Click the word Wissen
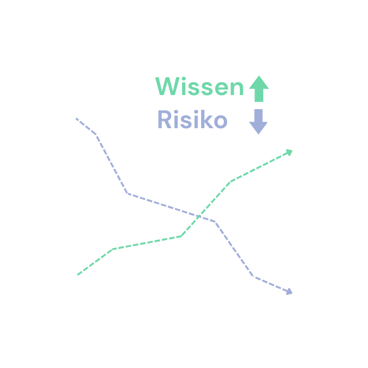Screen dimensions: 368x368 tap(199, 87)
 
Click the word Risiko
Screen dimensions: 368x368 tap(192, 120)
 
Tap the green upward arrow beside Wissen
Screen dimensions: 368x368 tap(259, 89)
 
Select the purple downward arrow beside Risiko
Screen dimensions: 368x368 tap(258, 121)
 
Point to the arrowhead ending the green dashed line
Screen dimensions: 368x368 tap(289, 151)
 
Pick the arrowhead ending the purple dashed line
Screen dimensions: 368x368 tap(289, 291)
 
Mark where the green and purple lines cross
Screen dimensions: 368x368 tap(198, 216)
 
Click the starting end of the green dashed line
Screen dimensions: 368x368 tap(77, 275)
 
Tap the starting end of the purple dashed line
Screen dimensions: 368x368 tap(76, 118)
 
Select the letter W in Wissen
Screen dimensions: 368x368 tap(166, 87)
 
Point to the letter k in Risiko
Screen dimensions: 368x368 tap(205, 120)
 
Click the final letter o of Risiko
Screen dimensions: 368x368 tap(220, 122)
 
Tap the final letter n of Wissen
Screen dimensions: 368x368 tap(237, 89)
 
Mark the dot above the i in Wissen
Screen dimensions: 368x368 tap(183, 79)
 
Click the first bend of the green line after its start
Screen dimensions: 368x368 tap(113, 248)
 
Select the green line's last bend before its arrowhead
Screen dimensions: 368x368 tap(231, 181)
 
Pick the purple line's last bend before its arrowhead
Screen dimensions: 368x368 tap(253, 277)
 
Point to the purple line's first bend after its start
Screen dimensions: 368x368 tap(96, 134)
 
